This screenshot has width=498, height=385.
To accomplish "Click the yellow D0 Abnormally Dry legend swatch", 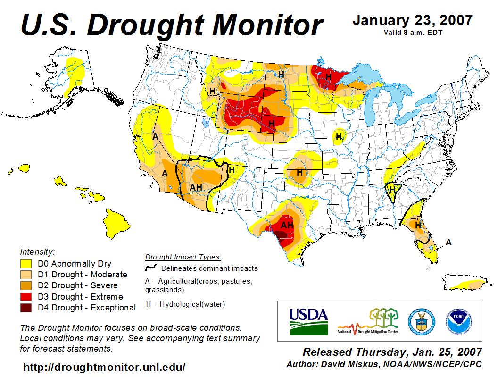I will click(x=26, y=264).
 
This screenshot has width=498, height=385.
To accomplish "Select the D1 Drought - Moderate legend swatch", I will click(x=26, y=275).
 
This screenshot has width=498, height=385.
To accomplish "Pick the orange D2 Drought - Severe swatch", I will click(x=26, y=285).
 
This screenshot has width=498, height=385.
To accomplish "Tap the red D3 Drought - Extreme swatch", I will click(x=26, y=297).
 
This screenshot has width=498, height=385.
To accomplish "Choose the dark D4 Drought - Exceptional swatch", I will click(x=26, y=308).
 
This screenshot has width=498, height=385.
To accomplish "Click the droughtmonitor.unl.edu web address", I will click(x=104, y=367).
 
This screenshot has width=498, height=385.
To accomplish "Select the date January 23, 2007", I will click(x=412, y=20).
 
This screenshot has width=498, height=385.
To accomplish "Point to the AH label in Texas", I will click(x=287, y=225).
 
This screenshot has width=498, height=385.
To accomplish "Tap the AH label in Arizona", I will click(x=196, y=187).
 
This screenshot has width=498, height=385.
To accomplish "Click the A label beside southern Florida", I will click(x=449, y=242).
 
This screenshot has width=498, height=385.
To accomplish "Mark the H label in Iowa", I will click(x=339, y=137).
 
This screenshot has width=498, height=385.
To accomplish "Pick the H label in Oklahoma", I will click(x=299, y=173).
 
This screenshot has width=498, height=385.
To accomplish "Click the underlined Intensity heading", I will click(x=37, y=252).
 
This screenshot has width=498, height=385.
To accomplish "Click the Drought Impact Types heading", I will click(x=183, y=257).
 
